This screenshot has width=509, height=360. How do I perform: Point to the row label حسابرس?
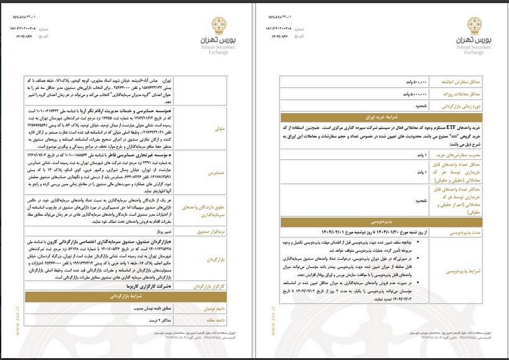tap(220, 175)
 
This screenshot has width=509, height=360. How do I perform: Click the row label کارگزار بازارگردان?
tap(214, 287)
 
